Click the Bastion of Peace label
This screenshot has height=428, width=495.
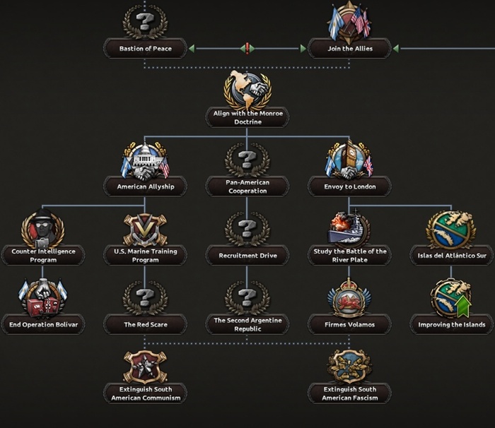pyautogui.click(x=145, y=49)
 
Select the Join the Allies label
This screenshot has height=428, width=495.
pyautogui.click(x=349, y=49)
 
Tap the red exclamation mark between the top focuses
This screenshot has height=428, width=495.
pyautogui.click(x=247, y=49)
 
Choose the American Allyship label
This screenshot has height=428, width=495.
pyautogui.click(x=145, y=186)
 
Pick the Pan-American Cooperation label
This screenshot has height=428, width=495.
pyautogui.click(x=247, y=186)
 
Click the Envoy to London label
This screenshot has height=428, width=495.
pyautogui.click(x=349, y=186)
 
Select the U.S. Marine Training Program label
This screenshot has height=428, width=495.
pyautogui.click(x=145, y=255)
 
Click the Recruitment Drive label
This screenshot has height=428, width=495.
pyautogui.click(x=247, y=255)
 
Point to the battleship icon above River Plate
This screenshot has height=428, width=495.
pyautogui.click(x=349, y=228)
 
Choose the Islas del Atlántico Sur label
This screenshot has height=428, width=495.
pyautogui.click(x=451, y=255)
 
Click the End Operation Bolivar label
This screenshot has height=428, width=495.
pyautogui.click(x=42, y=324)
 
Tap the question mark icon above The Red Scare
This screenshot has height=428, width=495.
pyautogui.click(x=145, y=297)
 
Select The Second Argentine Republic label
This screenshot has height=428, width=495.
pyautogui.click(x=247, y=324)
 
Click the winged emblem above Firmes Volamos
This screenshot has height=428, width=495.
pyautogui.click(x=349, y=297)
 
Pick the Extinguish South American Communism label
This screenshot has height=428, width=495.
pyautogui.click(x=145, y=393)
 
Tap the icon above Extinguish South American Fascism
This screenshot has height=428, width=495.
pyautogui.click(x=349, y=365)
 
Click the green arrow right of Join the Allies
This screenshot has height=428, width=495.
pyautogui.click(x=395, y=49)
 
